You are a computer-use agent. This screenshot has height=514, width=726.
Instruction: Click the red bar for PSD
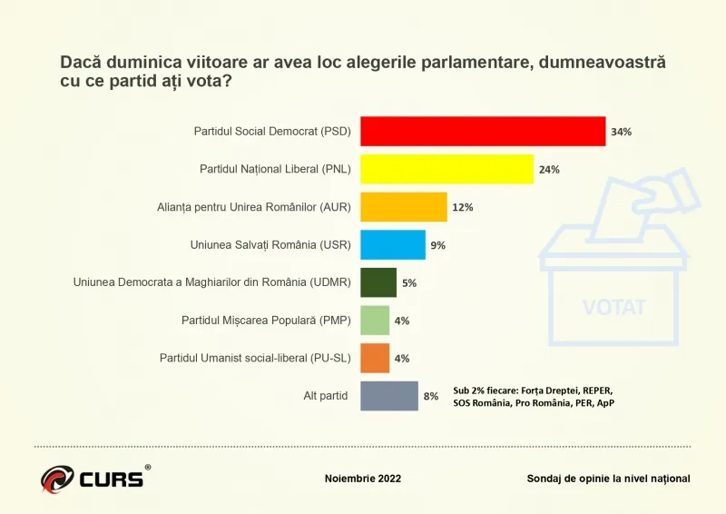tap(483, 132)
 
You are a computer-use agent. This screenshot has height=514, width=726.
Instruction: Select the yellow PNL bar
tap(446, 170)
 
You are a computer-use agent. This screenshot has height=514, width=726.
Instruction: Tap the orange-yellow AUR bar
tap(404, 207)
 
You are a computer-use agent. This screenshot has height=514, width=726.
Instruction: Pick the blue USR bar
tap(393, 245)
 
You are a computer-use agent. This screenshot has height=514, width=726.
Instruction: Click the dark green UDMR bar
tap(378, 282)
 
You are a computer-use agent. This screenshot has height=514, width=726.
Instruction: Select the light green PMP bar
tap(375, 321)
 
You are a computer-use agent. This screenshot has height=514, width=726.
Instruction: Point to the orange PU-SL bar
tap(375, 358)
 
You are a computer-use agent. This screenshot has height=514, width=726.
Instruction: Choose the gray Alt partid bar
tap(389, 396)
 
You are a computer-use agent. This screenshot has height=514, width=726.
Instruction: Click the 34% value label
tap(621, 132)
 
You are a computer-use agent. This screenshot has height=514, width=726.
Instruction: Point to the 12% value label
tap(462, 207)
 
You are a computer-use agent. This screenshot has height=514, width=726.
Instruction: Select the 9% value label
tap(438, 245)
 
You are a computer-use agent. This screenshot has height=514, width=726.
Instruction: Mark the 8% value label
tap(430, 396)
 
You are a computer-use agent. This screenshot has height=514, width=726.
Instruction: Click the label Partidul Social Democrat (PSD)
tap(270, 132)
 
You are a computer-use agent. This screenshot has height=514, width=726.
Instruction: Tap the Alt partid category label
tap(325, 396)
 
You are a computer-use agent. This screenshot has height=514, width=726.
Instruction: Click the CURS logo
tap(94, 477)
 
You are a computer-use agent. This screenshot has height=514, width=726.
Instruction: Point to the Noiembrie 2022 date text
tap(363, 479)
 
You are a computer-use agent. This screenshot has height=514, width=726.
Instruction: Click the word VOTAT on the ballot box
tap(614, 306)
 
